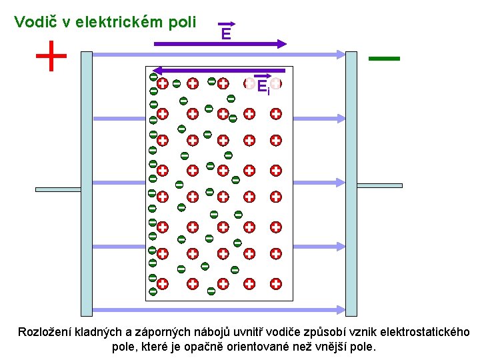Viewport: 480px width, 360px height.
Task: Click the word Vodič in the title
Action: [x=35, y=22]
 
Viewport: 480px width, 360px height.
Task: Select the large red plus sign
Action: [x=51, y=56]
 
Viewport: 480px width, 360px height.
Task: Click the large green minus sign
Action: [x=384, y=59]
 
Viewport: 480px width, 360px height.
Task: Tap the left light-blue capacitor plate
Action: [x=86, y=183]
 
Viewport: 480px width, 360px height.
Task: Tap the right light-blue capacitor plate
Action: [x=351, y=183]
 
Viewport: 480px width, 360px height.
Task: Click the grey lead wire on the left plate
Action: [x=57, y=189]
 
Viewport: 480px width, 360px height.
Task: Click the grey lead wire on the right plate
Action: [x=380, y=185]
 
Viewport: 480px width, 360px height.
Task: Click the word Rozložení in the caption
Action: [x=45, y=332]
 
